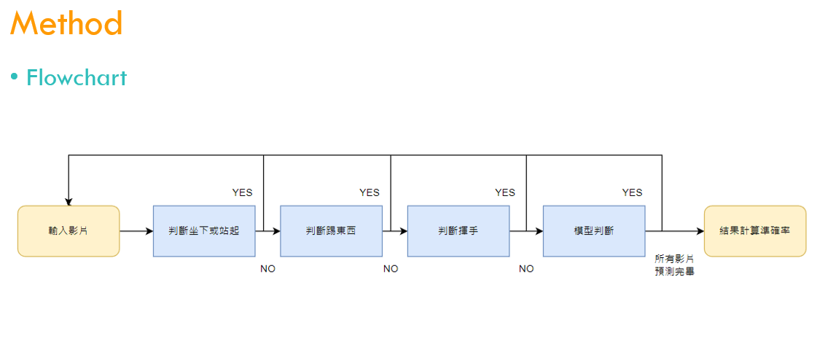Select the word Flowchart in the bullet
pos(77,77)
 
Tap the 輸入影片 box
pos(69,231)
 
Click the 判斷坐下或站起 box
pos(204,231)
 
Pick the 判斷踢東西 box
pos(331,231)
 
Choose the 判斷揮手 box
pos(458,231)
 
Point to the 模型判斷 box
pos(594,231)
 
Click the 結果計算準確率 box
pos(755,231)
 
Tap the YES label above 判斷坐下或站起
pos(243,192)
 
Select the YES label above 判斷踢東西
pos(370,192)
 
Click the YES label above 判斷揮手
pos(505,192)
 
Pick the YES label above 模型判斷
pos(633,192)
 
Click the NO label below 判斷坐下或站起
pos(268,269)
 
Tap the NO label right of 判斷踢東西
pos(391,269)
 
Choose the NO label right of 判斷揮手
pos(526,269)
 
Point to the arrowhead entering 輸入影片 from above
pos(69,202)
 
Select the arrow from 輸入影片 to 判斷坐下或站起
pos(136,231)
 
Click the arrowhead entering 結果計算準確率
pos(700,231)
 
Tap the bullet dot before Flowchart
pos(14,77)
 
